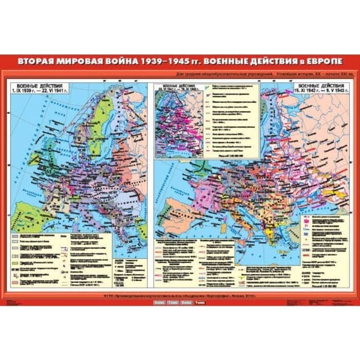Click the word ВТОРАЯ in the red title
[37, 61]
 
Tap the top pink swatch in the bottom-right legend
[308, 219]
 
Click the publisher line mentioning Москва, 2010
[179, 295]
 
